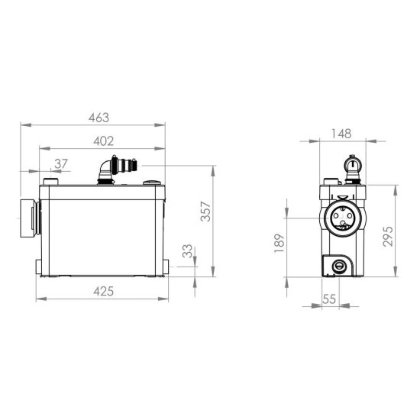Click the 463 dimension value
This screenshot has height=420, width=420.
[99, 118]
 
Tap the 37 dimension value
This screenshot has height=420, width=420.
[61, 163]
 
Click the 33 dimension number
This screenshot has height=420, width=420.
[188, 251]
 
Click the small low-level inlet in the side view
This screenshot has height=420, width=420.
[338, 266]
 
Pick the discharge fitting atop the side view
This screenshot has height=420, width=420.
[351, 168]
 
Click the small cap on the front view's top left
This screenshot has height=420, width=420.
[51, 182]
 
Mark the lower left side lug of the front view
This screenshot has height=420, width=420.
[39, 266]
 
